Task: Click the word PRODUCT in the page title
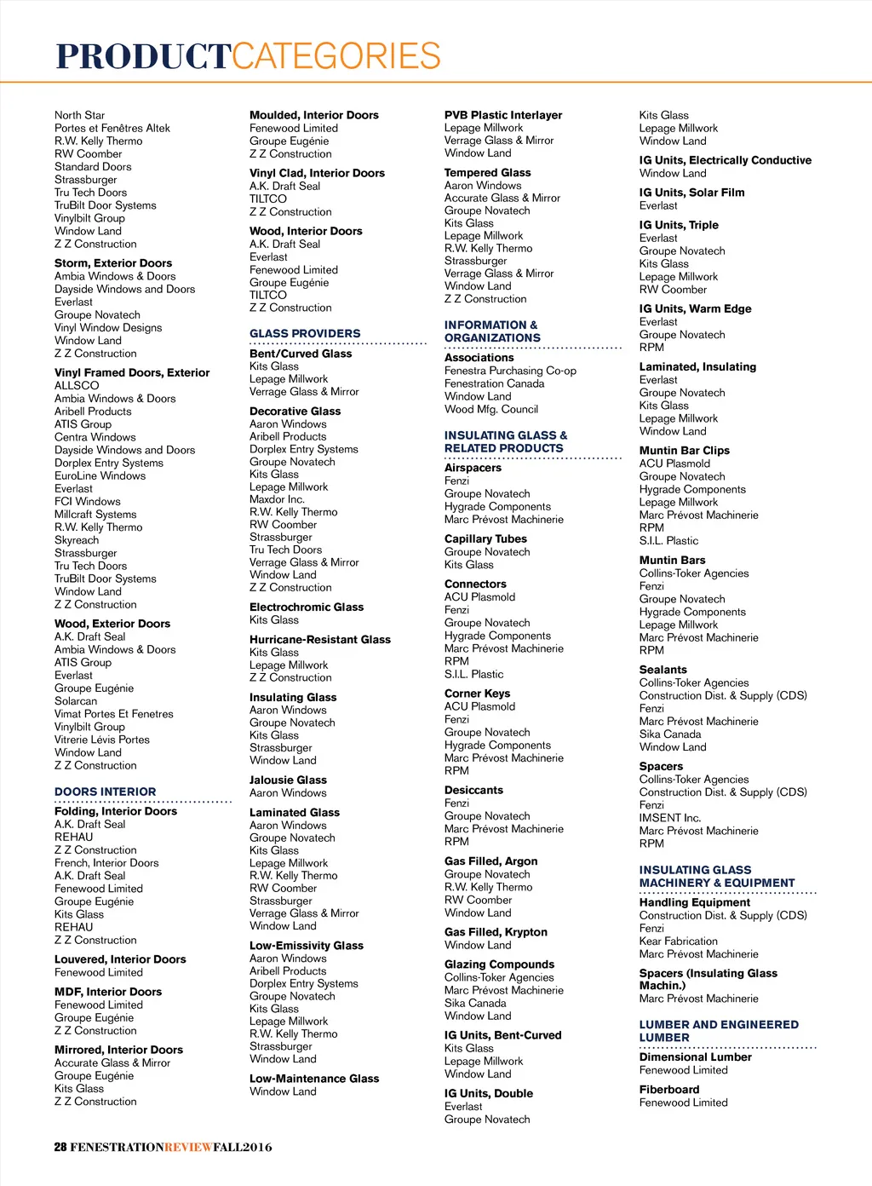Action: [x=143, y=56]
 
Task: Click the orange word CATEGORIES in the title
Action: [x=336, y=56]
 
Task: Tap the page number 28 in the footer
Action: [x=60, y=1147]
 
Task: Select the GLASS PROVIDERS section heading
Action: [x=305, y=333]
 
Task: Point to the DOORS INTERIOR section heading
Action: [x=106, y=792]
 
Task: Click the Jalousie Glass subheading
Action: [x=288, y=780]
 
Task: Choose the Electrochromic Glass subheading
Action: [x=307, y=607]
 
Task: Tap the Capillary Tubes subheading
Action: [x=485, y=538]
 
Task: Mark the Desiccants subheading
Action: [x=473, y=790]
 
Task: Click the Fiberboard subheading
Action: [x=669, y=1089]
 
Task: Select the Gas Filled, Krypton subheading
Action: [x=496, y=932]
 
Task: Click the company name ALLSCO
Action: [x=77, y=385]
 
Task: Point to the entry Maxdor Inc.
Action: [x=277, y=499]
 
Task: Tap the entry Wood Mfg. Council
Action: [x=491, y=409]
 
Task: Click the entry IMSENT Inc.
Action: [x=670, y=817]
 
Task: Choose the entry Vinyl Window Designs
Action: [x=108, y=327]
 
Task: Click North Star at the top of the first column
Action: [x=80, y=115]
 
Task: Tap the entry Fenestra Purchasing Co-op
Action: [x=510, y=371]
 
